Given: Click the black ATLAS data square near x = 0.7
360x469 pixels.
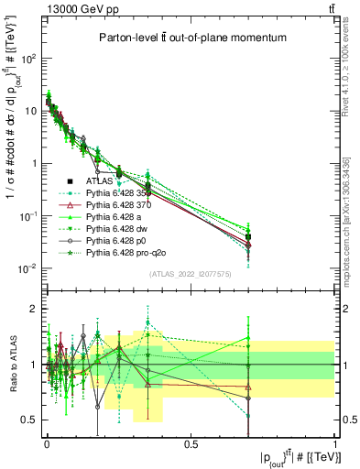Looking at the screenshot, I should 248,237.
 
